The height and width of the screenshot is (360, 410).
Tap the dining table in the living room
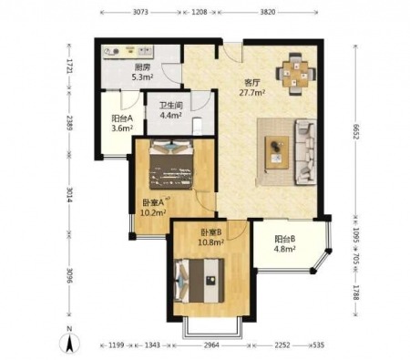[x=295, y=74]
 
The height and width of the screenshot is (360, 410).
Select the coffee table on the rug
[x=277, y=152]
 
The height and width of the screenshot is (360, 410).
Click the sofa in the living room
[x=305, y=152]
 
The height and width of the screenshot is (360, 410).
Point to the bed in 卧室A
[x=171, y=164]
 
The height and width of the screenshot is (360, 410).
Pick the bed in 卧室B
[x=200, y=281]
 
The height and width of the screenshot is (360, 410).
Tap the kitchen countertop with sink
[x=128, y=52]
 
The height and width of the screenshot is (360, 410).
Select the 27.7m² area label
[x=252, y=93]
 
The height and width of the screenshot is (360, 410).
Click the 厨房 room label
[x=142, y=67]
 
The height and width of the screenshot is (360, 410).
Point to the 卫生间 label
[x=171, y=106]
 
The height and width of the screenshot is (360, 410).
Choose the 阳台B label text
[x=285, y=239]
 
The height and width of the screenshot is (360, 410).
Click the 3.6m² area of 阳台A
[x=122, y=129]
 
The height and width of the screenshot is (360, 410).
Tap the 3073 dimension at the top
[x=140, y=12]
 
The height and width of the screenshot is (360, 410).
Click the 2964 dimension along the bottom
[x=211, y=345]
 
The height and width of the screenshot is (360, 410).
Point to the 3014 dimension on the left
[x=69, y=195]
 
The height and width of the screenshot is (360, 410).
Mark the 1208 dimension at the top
[x=200, y=12]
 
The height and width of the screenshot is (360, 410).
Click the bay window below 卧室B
[x=212, y=328]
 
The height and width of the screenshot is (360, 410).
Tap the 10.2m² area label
[x=153, y=212]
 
